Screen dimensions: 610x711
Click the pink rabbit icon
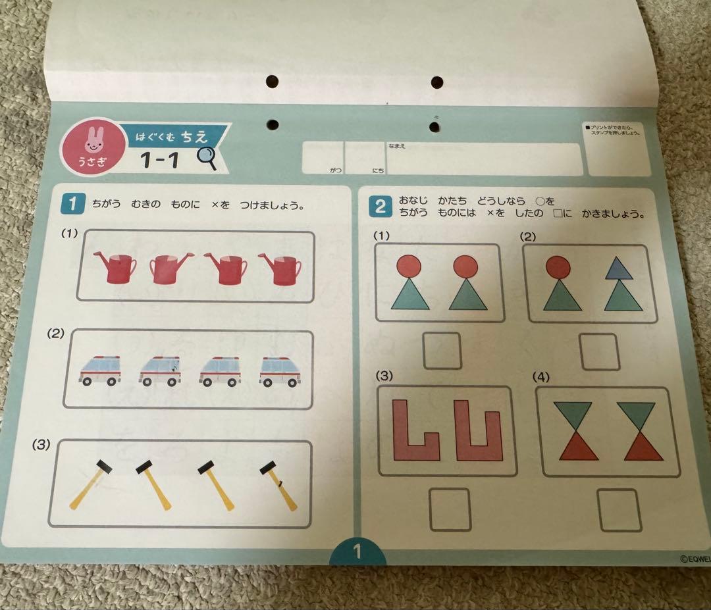[92, 140]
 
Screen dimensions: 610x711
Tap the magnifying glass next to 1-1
[207, 158]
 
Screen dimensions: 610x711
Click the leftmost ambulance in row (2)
[100, 370]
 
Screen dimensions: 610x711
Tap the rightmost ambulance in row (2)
[280, 372]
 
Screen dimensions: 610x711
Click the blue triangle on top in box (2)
[619, 268]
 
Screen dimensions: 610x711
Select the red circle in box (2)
[558, 266]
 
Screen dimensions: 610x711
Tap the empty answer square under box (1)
[442, 351]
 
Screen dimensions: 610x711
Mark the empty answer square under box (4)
[619, 509]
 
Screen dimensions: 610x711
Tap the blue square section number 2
[381, 207]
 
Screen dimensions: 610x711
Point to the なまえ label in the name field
[397, 146]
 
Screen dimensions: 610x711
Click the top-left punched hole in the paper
[272, 82]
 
